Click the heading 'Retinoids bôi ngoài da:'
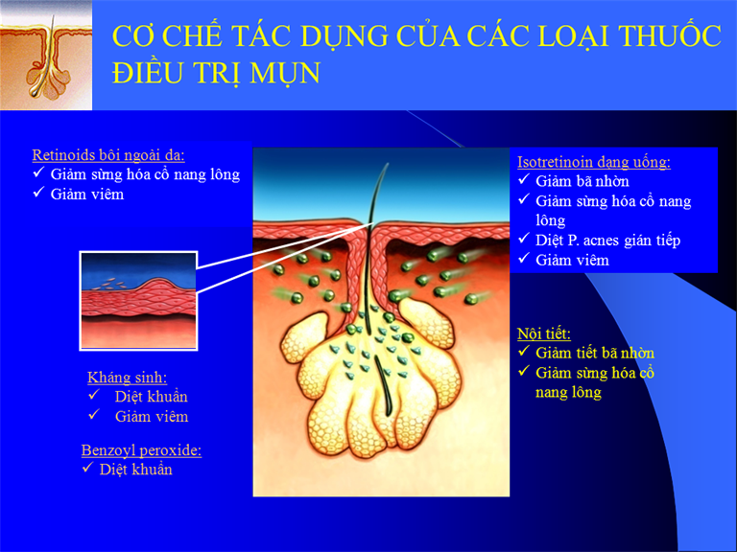point(108,155)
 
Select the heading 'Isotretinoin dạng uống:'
point(594,162)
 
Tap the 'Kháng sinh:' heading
point(128,377)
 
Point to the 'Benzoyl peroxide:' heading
point(141,450)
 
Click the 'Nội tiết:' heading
point(544,333)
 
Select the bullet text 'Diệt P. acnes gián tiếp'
point(608,241)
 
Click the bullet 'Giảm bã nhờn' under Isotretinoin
point(582,181)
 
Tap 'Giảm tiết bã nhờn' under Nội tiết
point(595,353)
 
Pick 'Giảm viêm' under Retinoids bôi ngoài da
point(87,195)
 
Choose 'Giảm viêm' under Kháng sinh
point(152,416)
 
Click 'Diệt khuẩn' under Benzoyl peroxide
point(136,470)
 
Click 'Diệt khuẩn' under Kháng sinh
point(152,397)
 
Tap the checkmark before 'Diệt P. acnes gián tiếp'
point(524,239)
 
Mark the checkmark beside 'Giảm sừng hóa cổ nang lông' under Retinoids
point(38,172)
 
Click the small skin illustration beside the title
point(46,56)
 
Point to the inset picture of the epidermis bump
point(138,301)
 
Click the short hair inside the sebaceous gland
point(383,385)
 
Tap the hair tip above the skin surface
point(388,164)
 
